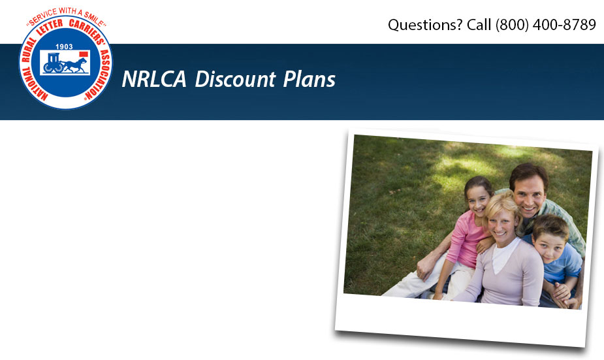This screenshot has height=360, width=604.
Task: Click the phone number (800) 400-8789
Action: pos(546,25)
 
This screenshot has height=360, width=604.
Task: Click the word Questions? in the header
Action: pos(425,25)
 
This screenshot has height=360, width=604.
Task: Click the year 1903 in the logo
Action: pos(65,47)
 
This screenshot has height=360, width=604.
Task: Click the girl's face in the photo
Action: pos(478,196)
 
